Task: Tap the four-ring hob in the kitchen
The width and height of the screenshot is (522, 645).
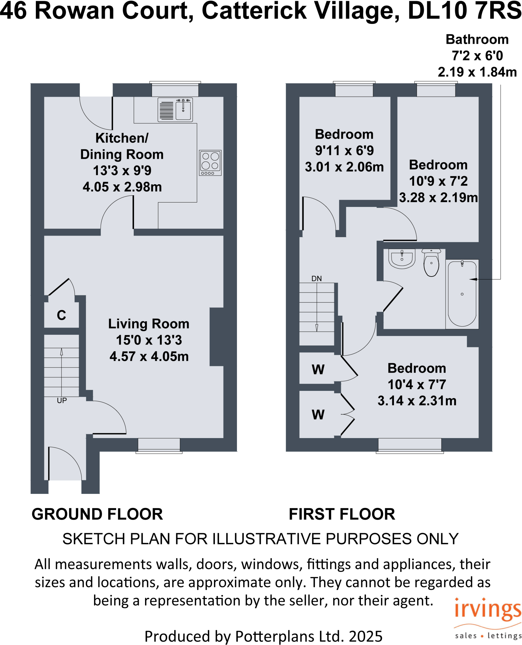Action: coord(210,163)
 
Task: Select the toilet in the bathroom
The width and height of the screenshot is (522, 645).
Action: coord(431,263)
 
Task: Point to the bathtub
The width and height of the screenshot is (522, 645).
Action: coord(462,294)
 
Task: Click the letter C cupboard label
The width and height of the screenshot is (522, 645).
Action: coord(61,315)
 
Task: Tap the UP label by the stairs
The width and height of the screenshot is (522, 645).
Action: coord(62,401)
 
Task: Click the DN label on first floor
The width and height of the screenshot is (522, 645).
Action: coord(317,278)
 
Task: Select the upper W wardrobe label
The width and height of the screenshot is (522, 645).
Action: coord(318,369)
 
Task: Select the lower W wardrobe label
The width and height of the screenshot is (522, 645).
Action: coord(318,415)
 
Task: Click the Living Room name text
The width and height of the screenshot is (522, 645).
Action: coord(149,324)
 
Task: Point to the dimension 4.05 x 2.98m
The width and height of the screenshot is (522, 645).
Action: coord(122,187)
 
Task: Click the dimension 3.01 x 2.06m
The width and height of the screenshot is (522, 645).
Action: coord(344,167)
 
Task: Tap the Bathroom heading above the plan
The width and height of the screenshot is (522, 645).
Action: coord(477,40)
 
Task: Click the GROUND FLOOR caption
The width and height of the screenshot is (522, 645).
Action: coord(97,514)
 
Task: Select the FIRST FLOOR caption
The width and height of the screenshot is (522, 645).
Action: coord(342,514)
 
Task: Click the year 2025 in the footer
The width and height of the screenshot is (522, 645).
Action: coord(366,636)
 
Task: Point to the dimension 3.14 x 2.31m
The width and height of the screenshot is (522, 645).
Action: coord(417,401)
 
